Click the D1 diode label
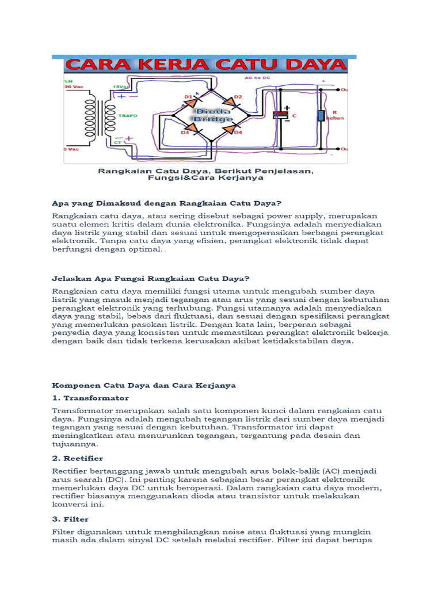tap(188, 96)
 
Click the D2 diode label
tap(238, 96)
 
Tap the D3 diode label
tap(185, 133)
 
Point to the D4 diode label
tap(238, 133)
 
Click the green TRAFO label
tap(128, 115)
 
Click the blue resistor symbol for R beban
tap(321, 116)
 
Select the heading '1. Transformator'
tap(90, 398)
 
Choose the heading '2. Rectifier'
tap(78, 458)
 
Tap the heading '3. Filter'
tap(70, 519)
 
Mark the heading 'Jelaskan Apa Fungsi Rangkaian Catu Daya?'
tap(151, 279)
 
